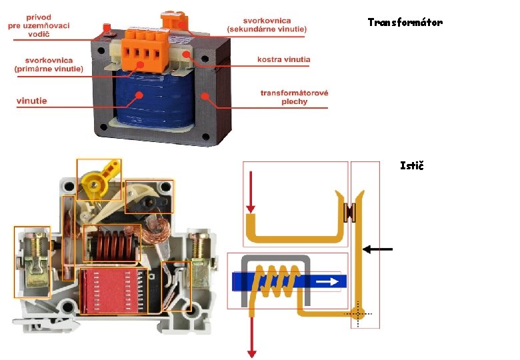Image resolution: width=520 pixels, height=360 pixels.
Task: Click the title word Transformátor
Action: click(405, 23)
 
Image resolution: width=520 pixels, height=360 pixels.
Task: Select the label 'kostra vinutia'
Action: click(283, 60)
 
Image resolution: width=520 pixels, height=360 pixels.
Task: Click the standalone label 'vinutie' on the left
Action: click(31, 101)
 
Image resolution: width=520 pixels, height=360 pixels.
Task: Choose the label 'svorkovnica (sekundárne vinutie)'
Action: click(267, 25)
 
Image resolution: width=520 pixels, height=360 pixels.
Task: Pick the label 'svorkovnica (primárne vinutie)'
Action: click(49, 65)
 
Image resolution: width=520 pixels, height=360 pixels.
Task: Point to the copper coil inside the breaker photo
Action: click(111, 242)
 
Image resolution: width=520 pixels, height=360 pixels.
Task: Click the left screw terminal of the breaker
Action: click(32, 261)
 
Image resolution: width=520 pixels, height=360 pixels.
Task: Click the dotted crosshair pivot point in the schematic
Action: click(357, 312)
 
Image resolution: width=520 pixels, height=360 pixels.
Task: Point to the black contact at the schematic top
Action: click(349, 212)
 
